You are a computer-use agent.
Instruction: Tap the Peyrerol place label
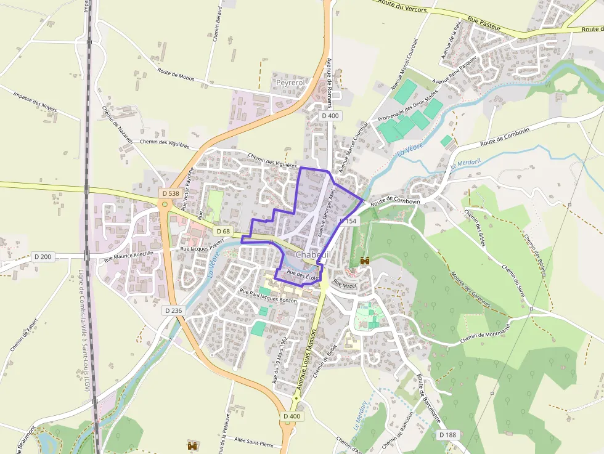pos(290,82)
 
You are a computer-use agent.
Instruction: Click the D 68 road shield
pos(222,231)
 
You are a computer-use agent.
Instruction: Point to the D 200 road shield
pos(43,256)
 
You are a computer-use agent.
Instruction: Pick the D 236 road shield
pos(174,310)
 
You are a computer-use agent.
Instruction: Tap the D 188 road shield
pos(448,434)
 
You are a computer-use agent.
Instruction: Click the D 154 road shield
pos(348,221)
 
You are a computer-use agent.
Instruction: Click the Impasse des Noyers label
pos(35,102)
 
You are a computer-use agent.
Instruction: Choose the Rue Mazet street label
pos(345,285)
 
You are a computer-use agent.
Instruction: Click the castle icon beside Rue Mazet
pos(364,261)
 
